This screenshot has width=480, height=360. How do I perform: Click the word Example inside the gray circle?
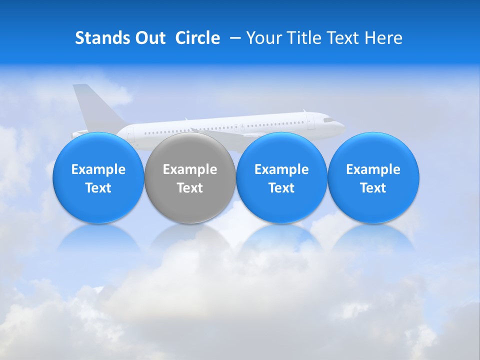coord(190,169)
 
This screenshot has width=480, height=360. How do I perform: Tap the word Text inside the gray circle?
coord(190,188)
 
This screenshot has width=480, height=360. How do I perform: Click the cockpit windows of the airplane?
coord(327,120)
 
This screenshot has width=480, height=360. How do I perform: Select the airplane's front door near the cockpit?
coord(311,122)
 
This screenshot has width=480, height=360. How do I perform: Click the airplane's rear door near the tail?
coord(130,133)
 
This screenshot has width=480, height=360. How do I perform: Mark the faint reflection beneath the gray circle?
coord(189,237)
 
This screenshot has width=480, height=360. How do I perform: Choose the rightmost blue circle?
coord(373,178)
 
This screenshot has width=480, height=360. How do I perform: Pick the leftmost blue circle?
coord(98,178)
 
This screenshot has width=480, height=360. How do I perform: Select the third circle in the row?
coord(281,178)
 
